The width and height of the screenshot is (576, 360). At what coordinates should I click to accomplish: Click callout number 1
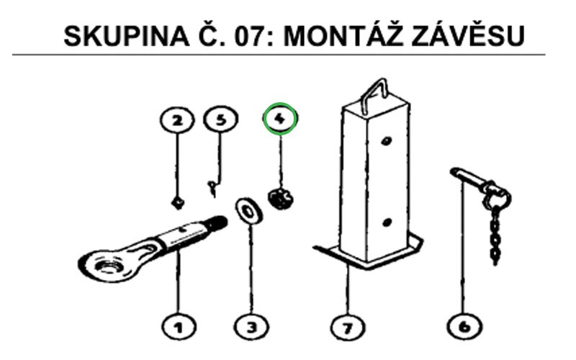click(179, 327)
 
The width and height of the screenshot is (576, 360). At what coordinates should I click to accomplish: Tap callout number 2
click(177, 120)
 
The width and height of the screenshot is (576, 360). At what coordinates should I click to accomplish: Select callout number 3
click(251, 327)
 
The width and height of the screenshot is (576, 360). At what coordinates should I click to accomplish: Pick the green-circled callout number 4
click(280, 119)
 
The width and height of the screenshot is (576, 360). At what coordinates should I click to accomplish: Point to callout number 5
click(220, 119)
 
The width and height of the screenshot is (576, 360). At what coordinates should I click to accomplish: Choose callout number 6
click(464, 327)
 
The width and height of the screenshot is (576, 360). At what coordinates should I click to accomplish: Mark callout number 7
click(348, 327)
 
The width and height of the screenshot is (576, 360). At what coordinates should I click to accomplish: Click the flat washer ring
click(249, 211)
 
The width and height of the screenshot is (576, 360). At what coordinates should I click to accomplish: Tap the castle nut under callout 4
click(280, 199)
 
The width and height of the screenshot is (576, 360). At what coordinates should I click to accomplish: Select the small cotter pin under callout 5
click(212, 188)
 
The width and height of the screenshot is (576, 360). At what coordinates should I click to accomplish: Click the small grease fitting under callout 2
click(178, 203)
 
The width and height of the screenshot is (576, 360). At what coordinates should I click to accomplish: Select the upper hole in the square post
click(386, 140)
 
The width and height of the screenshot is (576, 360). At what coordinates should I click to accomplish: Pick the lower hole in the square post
click(386, 222)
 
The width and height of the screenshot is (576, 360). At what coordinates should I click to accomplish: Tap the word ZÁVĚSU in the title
click(468, 35)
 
